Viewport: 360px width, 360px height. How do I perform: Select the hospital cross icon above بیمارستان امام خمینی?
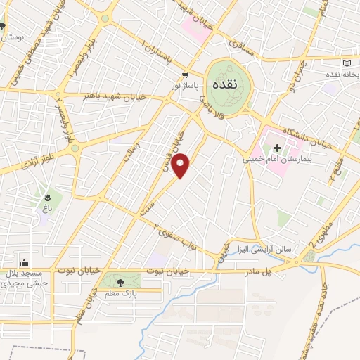(277, 148)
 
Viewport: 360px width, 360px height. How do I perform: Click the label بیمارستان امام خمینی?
(277, 160)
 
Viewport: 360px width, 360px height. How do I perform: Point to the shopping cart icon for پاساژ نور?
(185, 75)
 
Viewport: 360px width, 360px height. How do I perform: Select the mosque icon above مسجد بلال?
(25, 262)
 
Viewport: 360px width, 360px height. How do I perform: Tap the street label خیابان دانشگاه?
(308, 134)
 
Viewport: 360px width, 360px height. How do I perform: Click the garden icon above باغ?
(48, 198)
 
